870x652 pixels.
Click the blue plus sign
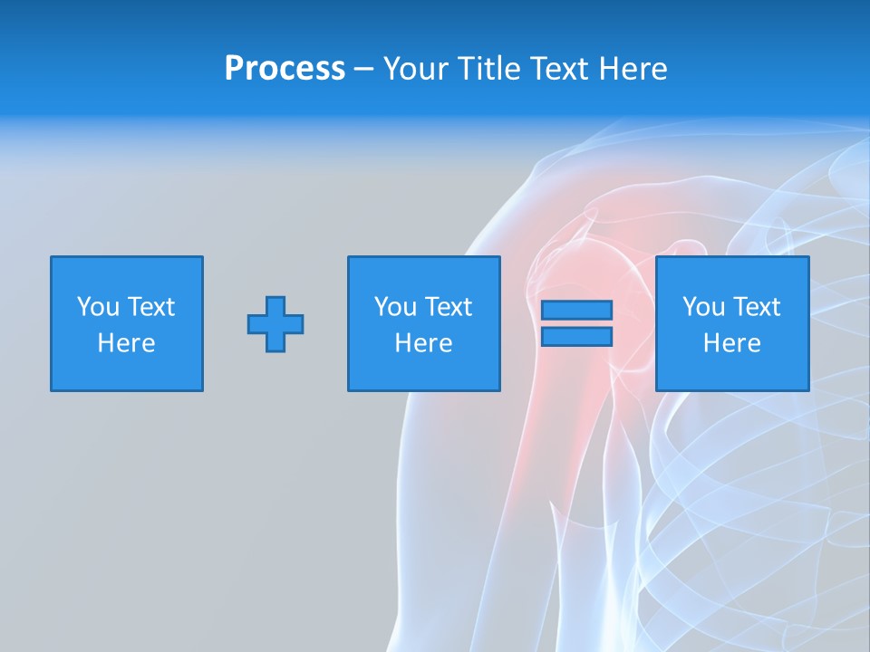click(275, 324)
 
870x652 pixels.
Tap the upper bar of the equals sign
click(576, 311)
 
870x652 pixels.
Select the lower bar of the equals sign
click(576, 337)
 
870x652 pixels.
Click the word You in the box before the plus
click(97, 307)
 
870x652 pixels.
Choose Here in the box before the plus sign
click(126, 343)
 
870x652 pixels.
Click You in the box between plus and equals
click(394, 307)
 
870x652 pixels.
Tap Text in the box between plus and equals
click(447, 307)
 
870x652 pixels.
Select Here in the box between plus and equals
click(423, 343)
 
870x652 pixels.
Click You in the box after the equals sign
click(702, 307)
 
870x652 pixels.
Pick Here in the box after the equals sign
click(731, 343)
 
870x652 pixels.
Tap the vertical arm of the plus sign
click(275, 304)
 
